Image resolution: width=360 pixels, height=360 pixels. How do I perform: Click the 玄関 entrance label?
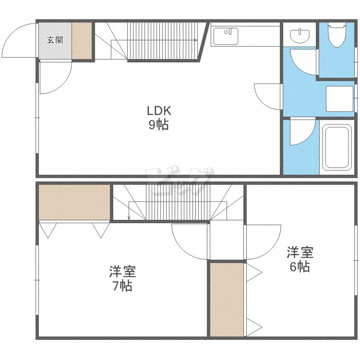[x=55, y=40]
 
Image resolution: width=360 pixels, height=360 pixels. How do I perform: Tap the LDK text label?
[x=159, y=111]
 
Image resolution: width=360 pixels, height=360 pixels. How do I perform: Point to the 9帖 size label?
[x=159, y=125]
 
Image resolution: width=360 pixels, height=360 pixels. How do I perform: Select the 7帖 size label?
[x=122, y=286]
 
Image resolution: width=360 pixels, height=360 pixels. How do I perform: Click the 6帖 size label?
[x=300, y=266]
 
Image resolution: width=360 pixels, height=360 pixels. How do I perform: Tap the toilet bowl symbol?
[x=337, y=35]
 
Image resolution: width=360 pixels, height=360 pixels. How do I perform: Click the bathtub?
[x=337, y=147]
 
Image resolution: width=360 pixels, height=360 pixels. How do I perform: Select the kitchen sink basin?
[x=226, y=36]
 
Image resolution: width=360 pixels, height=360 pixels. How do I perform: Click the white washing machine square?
[x=339, y=99]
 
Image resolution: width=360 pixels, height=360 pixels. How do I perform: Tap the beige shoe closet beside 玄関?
[x=82, y=41]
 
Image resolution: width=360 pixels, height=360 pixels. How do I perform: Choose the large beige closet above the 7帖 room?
[x=74, y=202]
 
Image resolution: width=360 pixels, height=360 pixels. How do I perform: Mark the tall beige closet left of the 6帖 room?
[x=227, y=300]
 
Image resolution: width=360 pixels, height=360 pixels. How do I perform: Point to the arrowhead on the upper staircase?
[x=196, y=40]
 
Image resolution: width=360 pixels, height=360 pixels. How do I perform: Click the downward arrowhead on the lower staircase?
[x=129, y=218]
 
